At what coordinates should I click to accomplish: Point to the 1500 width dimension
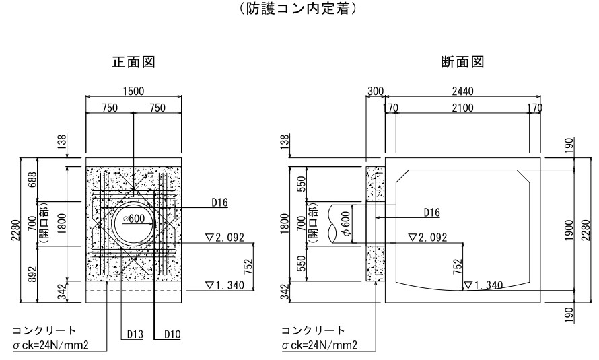(x=133, y=91)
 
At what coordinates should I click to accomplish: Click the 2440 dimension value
(x=462, y=91)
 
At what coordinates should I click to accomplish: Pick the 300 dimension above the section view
(x=375, y=91)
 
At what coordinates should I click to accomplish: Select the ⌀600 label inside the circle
(x=135, y=220)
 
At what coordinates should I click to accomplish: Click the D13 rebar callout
(x=133, y=333)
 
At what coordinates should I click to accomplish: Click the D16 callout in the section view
(x=431, y=213)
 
